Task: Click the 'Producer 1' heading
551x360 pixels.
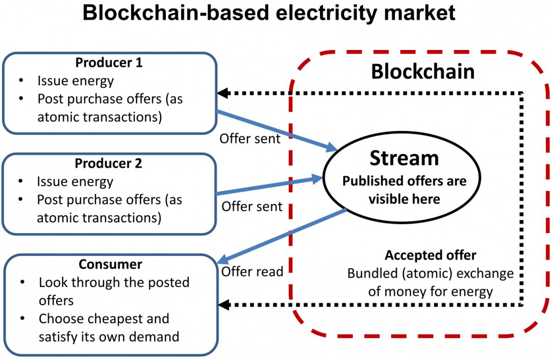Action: pyautogui.click(x=109, y=63)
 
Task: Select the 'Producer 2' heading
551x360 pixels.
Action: pyautogui.click(x=108, y=163)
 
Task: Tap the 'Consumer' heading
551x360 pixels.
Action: pyautogui.click(x=110, y=264)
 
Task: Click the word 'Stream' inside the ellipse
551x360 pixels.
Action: pyautogui.click(x=404, y=158)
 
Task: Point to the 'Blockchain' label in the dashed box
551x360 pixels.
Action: pyautogui.click(x=423, y=71)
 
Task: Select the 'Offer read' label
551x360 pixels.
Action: pyautogui.click(x=253, y=271)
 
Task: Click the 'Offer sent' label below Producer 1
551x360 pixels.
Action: pyautogui.click(x=250, y=139)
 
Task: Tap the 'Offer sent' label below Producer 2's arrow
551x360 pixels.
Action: pyautogui.click(x=252, y=207)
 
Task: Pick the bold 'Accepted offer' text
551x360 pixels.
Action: pyautogui.click(x=431, y=255)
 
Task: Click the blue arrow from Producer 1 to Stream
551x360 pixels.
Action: pyautogui.click(x=277, y=131)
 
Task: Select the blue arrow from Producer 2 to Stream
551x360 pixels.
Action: pyautogui.click(x=269, y=186)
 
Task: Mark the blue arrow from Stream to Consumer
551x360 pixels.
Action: pyautogui.click(x=282, y=236)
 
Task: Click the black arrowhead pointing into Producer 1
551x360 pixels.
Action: pyautogui.click(x=223, y=93)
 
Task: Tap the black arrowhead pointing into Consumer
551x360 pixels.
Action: pyautogui.click(x=224, y=304)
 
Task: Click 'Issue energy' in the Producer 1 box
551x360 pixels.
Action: pyautogui.click(x=76, y=81)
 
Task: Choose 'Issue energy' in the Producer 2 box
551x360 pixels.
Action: pyautogui.click(x=75, y=182)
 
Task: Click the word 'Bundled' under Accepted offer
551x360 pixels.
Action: pyautogui.click(x=371, y=273)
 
